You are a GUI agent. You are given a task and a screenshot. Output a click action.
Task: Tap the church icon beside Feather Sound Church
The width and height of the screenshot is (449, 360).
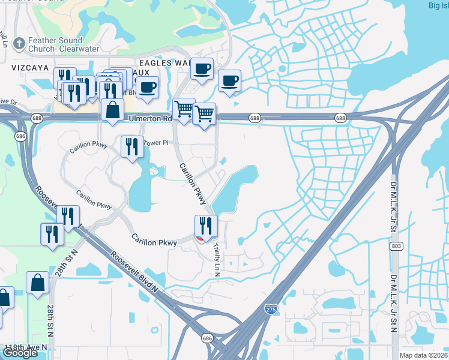(19, 43)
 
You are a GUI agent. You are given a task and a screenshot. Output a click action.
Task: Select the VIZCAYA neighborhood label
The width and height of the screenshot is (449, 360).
(29, 68)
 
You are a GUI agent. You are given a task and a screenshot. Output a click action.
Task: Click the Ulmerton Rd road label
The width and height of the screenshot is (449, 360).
(150, 119)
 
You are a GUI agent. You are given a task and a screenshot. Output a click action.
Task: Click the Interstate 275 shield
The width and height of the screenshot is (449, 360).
(271, 309)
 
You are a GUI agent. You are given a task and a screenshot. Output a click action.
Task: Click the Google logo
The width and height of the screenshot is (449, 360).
(20, 353)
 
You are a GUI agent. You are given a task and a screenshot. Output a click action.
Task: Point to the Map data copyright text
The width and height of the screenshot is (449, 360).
(424, 355)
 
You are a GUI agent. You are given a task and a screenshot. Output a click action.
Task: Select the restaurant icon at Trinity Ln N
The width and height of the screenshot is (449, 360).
(205, 226)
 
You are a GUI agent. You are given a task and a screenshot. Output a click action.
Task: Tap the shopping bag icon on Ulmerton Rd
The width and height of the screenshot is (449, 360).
(112, 110)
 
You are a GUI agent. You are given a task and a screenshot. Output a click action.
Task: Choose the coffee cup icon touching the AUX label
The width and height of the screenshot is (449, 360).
(146, 87)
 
